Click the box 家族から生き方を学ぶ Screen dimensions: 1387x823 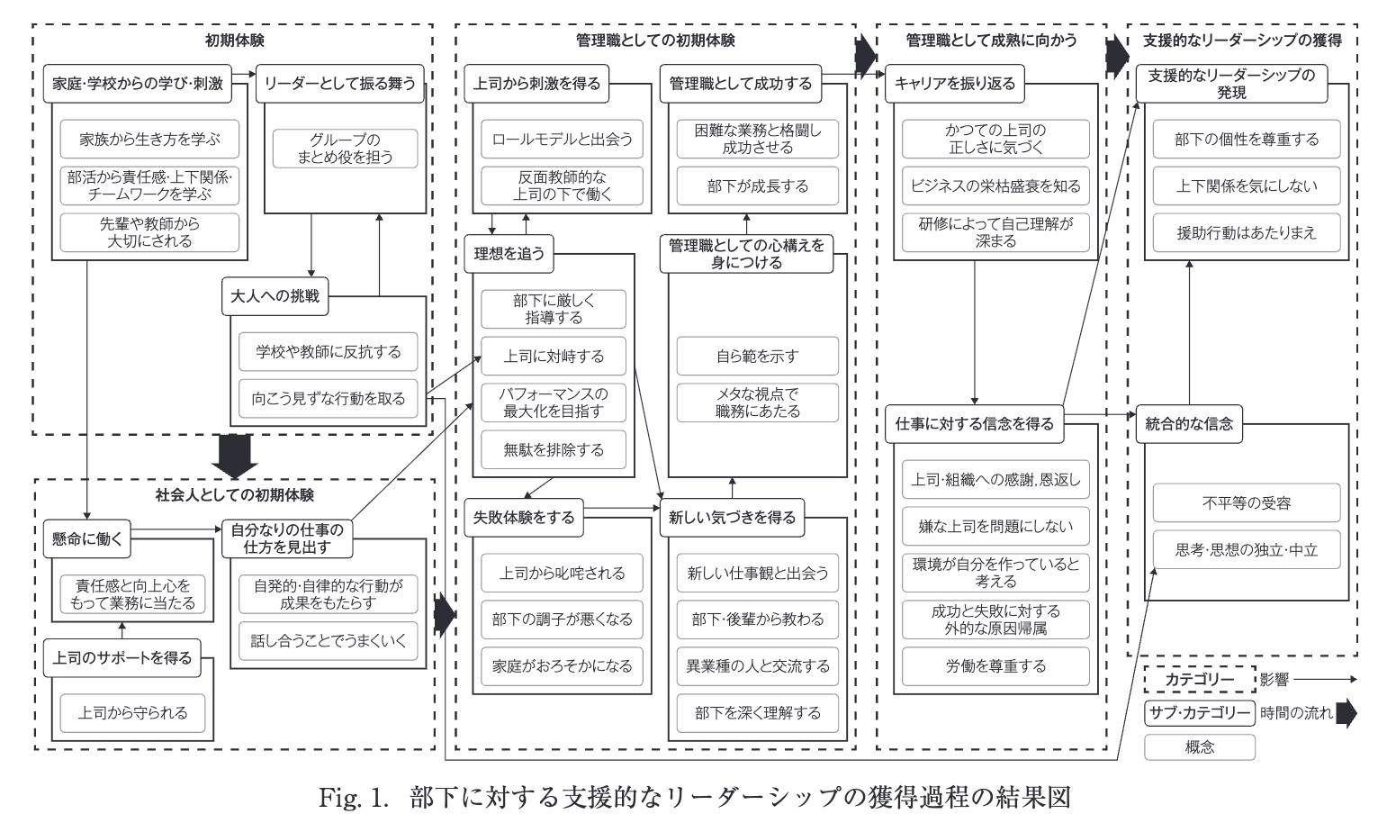coord(149,140)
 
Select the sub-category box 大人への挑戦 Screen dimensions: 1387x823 coord(275,296)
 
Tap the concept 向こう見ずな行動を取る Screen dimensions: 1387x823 coord(329,398)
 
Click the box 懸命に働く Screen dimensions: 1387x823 coord(86,538)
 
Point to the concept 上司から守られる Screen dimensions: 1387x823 coord(132,713)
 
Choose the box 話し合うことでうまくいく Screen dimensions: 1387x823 coord(329,641)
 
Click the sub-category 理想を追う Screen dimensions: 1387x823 coord(509,253)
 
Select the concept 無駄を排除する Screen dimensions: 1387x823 coord(554,449)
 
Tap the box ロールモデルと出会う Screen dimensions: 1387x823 coord(563,140)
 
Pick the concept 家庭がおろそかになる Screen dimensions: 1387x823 coord(563,665)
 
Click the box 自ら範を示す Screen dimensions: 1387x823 coord(757,356)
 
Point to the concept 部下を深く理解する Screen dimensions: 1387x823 coord(757,713)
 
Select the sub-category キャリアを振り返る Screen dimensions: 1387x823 coord(955,84)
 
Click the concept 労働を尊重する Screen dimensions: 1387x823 coord(995,666)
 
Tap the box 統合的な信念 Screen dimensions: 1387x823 coord(1189,423)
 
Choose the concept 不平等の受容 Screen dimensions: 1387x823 coord(1247,502)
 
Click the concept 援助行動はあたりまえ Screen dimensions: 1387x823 coord(1247,233)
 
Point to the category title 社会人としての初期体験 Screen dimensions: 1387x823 coord(235,495)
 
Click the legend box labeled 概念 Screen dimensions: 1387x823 coord(1200,746)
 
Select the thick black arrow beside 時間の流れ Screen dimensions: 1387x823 coord(1346,713)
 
